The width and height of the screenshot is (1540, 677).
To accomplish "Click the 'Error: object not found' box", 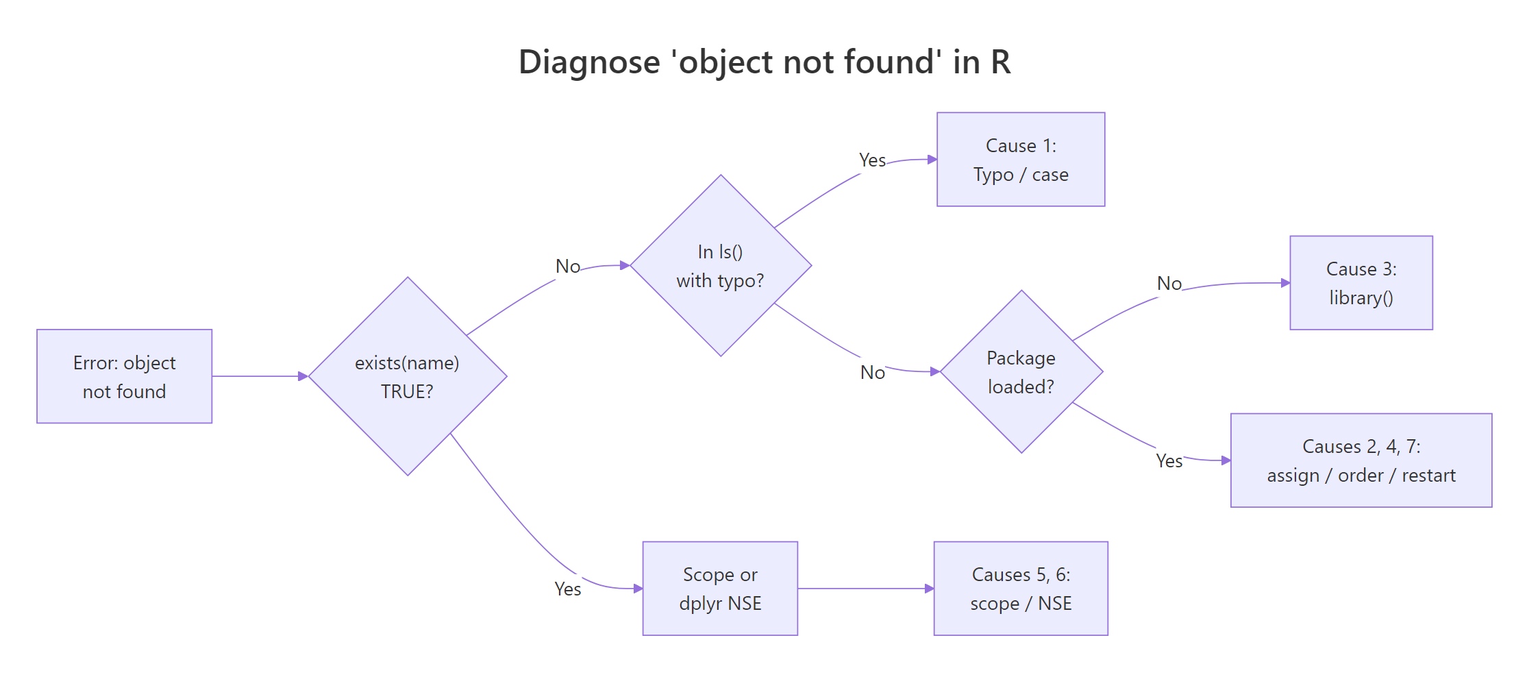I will [124, 376].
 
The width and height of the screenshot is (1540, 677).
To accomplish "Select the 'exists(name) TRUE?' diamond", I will [408, 376].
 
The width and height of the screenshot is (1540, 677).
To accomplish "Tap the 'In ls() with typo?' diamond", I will [721, 266].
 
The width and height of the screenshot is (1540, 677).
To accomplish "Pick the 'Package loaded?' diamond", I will [1021, 371].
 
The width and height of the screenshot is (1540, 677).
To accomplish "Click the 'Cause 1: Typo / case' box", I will [1021, 160].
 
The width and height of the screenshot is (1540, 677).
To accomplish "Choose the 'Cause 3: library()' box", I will [1361, 283].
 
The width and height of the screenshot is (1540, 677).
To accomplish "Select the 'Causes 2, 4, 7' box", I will [1361, 460].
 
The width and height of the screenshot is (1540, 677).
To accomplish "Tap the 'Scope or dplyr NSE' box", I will [720, 589].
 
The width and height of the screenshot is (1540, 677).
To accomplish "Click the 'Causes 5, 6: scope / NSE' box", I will [1021, 589].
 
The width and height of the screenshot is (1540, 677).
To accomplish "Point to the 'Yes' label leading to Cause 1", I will [872, 160].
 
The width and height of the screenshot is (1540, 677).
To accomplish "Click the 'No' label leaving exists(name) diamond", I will [568, 267].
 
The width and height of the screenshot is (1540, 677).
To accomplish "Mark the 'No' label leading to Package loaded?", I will [873, 373].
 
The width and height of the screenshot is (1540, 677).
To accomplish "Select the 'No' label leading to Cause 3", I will [1169, 284].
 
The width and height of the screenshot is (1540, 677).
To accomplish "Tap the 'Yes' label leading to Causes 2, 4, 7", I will [1169, 461].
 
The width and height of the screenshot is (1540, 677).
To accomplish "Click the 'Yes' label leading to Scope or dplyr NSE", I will [568, 589].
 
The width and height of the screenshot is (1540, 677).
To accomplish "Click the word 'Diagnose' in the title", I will [589, 62].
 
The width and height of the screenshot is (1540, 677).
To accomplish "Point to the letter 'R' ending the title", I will [1001, 62].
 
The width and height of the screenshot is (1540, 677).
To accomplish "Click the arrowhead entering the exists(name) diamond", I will [303, 376].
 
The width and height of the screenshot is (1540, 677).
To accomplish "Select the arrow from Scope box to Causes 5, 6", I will [865, 589].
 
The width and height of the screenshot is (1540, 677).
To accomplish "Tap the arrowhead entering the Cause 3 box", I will [1285, 283].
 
